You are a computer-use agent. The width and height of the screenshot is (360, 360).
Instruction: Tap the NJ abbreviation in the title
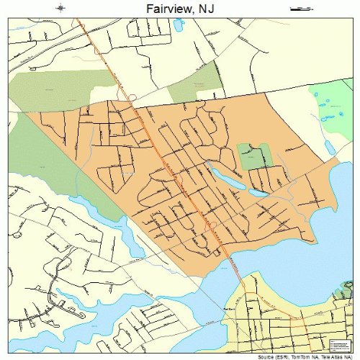tap(204, 8)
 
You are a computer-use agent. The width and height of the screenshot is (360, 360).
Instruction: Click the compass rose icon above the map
tap(62, 9)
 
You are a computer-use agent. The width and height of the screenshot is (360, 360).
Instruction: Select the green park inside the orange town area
tap(254, 156)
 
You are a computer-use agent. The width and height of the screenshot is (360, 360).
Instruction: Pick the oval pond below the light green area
tap(330, 147)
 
